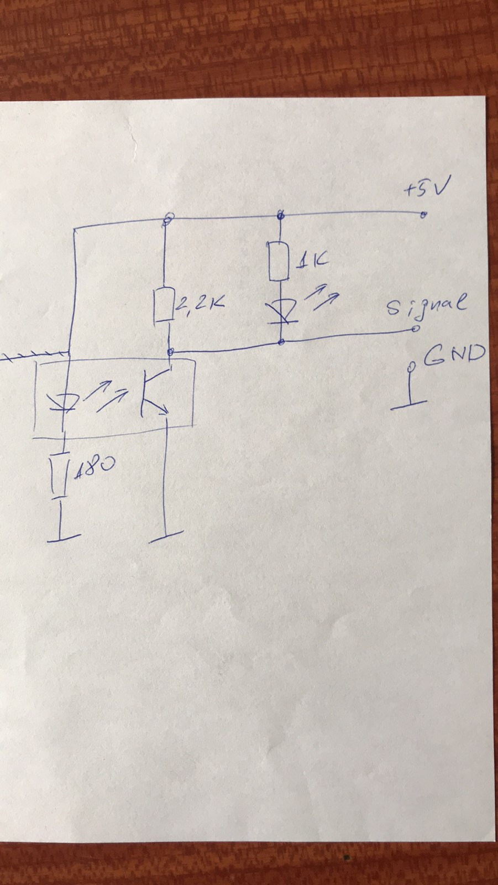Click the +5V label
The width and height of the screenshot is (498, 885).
coord(426,190)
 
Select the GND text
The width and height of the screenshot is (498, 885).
coord(454,355)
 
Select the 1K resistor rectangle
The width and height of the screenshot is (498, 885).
coord(279,261)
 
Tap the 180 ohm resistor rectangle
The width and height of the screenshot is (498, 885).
coord(60,475)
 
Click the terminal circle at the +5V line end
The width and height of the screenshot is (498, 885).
coord(423,215)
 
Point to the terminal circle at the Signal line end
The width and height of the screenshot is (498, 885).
coord(415,330)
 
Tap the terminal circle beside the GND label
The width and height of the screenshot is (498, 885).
coord(411,366)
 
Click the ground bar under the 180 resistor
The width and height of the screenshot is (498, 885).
coord(64,537)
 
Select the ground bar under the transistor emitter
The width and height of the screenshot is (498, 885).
coord(166,537)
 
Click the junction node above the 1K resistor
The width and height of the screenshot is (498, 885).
coord(281,216)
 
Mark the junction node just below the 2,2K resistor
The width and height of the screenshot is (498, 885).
coord(171,351)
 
